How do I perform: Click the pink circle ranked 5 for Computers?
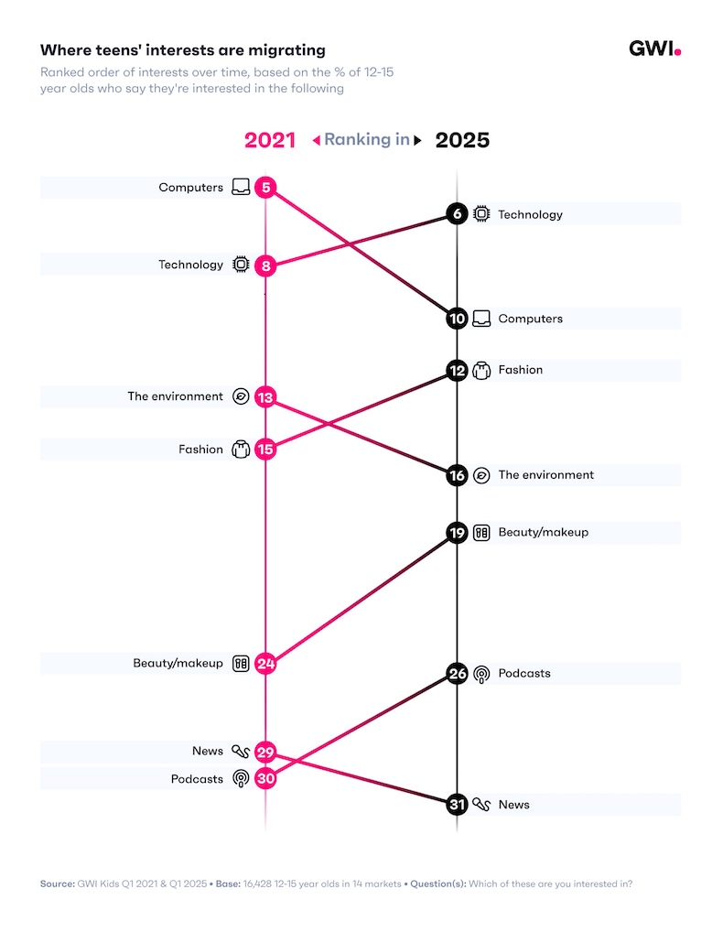point(265,188)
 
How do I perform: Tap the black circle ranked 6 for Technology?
point(458,214)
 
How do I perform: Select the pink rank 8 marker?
point(265,266)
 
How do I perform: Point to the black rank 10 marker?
point(458,319)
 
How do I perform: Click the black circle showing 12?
point(458,370)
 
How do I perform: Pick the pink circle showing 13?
point(265,397)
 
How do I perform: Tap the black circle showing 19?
point(458,532)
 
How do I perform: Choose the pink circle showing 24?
point(265,664)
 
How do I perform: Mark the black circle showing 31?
point(458,805)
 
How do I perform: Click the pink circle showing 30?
point(265,778)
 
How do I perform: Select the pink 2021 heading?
point(270,140)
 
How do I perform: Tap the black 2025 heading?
point(462,140)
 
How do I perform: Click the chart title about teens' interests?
point(182,50)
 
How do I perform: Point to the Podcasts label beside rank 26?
point(524,674)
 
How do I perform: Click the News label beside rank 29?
point(208,751)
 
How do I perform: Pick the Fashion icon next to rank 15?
point(241,450)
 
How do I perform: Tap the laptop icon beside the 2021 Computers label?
point(241,188)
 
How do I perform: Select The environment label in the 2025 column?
point(545,475)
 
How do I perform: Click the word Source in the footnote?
point(56,883)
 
